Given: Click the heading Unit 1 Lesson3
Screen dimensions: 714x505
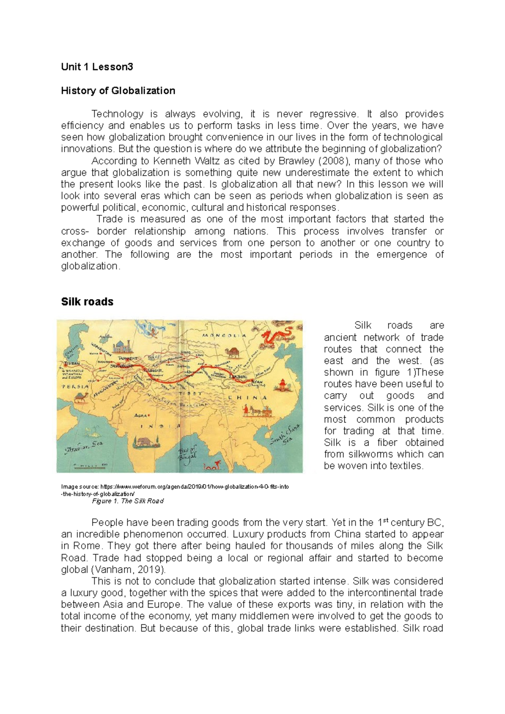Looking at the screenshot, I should tap(97, 66).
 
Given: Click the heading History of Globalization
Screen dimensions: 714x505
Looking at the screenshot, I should tap(118, 90).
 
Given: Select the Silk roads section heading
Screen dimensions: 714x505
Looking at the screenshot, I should tap(87, 301).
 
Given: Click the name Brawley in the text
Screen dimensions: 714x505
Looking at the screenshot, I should tap(296, 161).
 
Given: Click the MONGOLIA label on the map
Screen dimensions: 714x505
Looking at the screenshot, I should tap(224, 336).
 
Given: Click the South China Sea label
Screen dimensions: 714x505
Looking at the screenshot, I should tap(285, 435).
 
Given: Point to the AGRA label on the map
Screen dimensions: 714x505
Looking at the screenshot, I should tap(141, 415).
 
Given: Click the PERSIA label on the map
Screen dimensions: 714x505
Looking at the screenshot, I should tap(76, 386).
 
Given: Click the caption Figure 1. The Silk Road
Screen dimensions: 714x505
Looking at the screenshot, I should tap(128, 501).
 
